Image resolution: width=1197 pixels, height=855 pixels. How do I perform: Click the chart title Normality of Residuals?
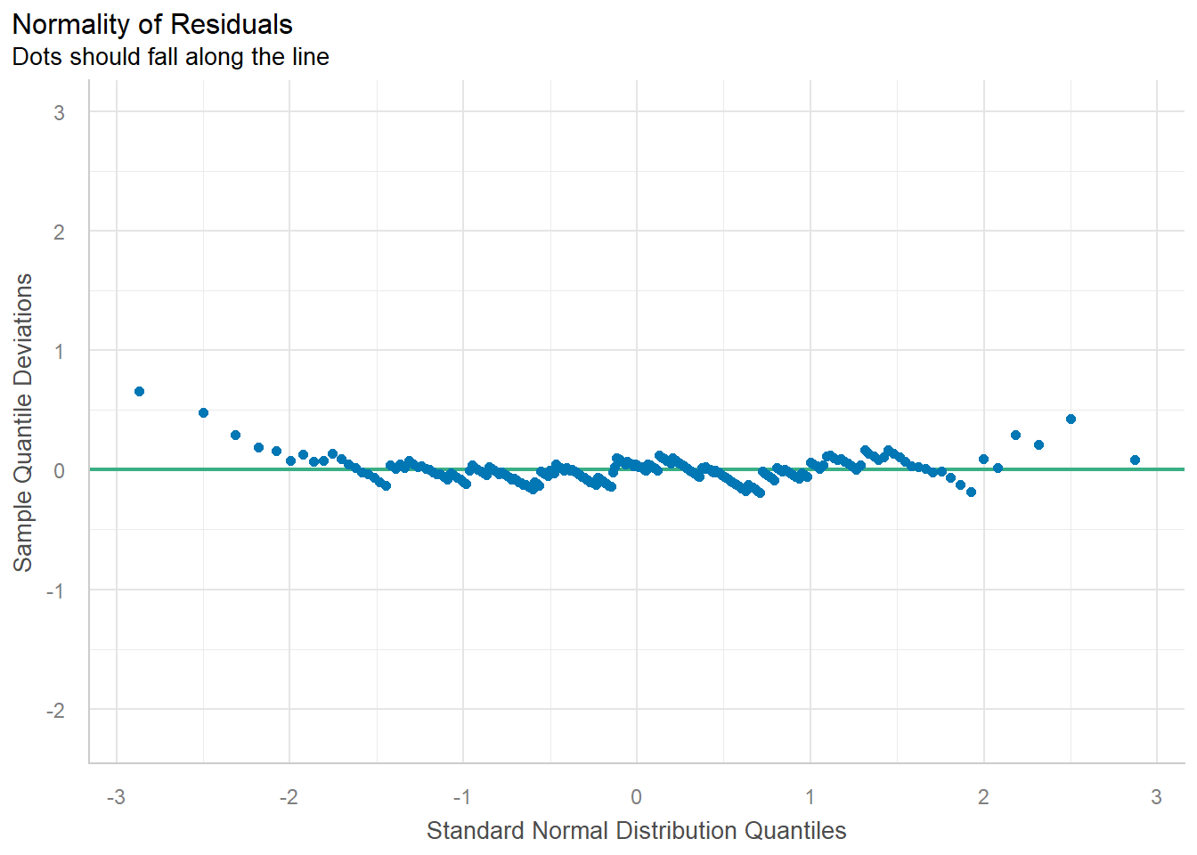pos(152,24)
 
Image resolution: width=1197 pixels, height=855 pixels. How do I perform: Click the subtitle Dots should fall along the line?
pos(170,57)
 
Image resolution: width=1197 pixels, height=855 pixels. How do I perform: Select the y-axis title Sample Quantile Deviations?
pos(23,422)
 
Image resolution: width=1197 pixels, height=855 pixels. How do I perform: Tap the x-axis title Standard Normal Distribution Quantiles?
pos(636,831)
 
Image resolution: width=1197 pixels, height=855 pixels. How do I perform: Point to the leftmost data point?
pos(139,391)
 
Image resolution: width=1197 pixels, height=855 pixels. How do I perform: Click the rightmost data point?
pos(1135,460)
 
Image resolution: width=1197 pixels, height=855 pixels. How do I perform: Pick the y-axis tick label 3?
pos(59,112)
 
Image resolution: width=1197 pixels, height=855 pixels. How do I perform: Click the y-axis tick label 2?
pos(59,232)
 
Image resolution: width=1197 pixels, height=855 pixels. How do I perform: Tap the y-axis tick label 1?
pos(59,351)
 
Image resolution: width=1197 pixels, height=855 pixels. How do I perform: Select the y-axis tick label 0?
pos(59,470)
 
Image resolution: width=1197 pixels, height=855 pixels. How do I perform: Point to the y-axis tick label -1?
pos(56,590)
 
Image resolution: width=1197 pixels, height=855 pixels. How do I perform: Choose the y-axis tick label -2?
pos(56,710)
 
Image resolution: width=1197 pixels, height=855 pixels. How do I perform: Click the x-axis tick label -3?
pos(116,797)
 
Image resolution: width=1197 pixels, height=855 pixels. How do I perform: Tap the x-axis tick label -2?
pos(289,797)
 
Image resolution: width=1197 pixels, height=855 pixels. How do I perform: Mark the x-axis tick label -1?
pos(461,797)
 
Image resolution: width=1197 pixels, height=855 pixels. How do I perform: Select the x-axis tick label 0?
pos(636,797)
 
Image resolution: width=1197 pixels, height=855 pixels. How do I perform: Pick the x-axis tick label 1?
pos(810,797)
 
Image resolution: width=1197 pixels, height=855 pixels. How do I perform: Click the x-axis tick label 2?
pos(983,797)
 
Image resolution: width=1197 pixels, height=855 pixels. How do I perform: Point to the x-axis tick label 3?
pos(1156,797)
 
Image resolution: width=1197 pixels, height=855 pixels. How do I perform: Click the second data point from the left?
pos(203,412)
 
